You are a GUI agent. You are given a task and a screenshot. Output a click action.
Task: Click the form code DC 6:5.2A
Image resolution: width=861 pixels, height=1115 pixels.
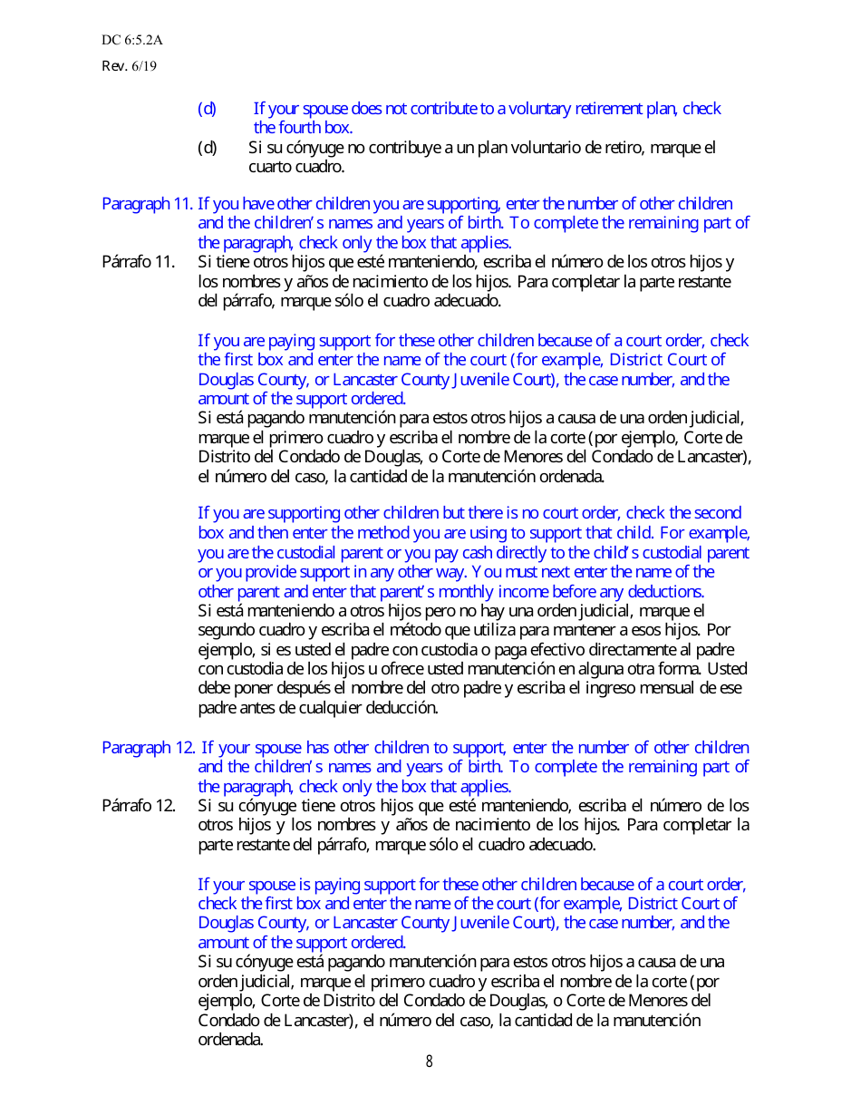tap(132, 41)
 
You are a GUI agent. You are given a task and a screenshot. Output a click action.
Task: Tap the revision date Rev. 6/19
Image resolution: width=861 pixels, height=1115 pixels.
tap(129, 66)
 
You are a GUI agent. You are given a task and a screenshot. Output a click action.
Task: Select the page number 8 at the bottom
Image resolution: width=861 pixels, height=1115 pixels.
tap(430, 1062)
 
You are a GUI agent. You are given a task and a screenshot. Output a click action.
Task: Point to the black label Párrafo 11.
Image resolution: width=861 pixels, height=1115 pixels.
tap(138, 262)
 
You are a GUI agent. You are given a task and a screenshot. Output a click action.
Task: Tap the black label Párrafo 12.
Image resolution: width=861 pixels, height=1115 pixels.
tap(139, 806)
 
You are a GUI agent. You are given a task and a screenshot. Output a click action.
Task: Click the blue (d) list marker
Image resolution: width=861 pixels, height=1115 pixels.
tap(208, 109)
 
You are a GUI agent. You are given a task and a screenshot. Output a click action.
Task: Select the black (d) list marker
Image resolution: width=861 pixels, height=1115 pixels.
tap(208, 148)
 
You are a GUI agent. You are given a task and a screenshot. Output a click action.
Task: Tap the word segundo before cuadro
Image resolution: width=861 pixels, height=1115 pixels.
tap(227, 631)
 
